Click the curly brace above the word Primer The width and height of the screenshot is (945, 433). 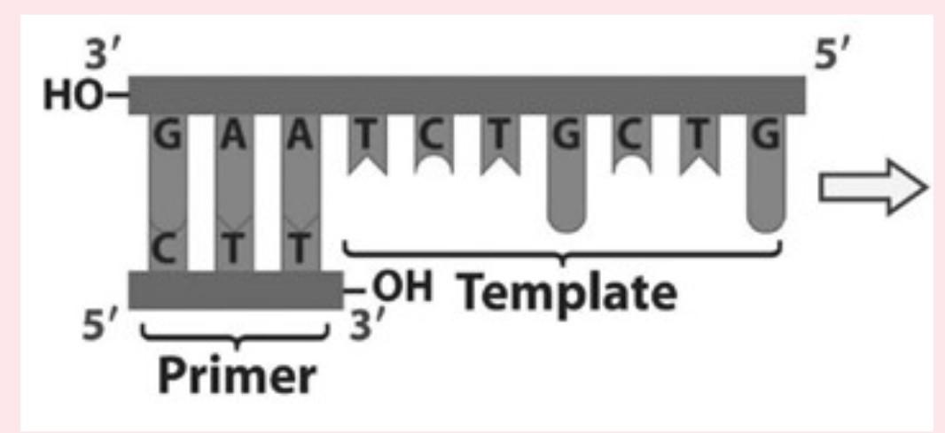(x=235, y=336)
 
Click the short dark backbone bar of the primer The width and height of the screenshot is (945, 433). (x=235, y=290)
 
